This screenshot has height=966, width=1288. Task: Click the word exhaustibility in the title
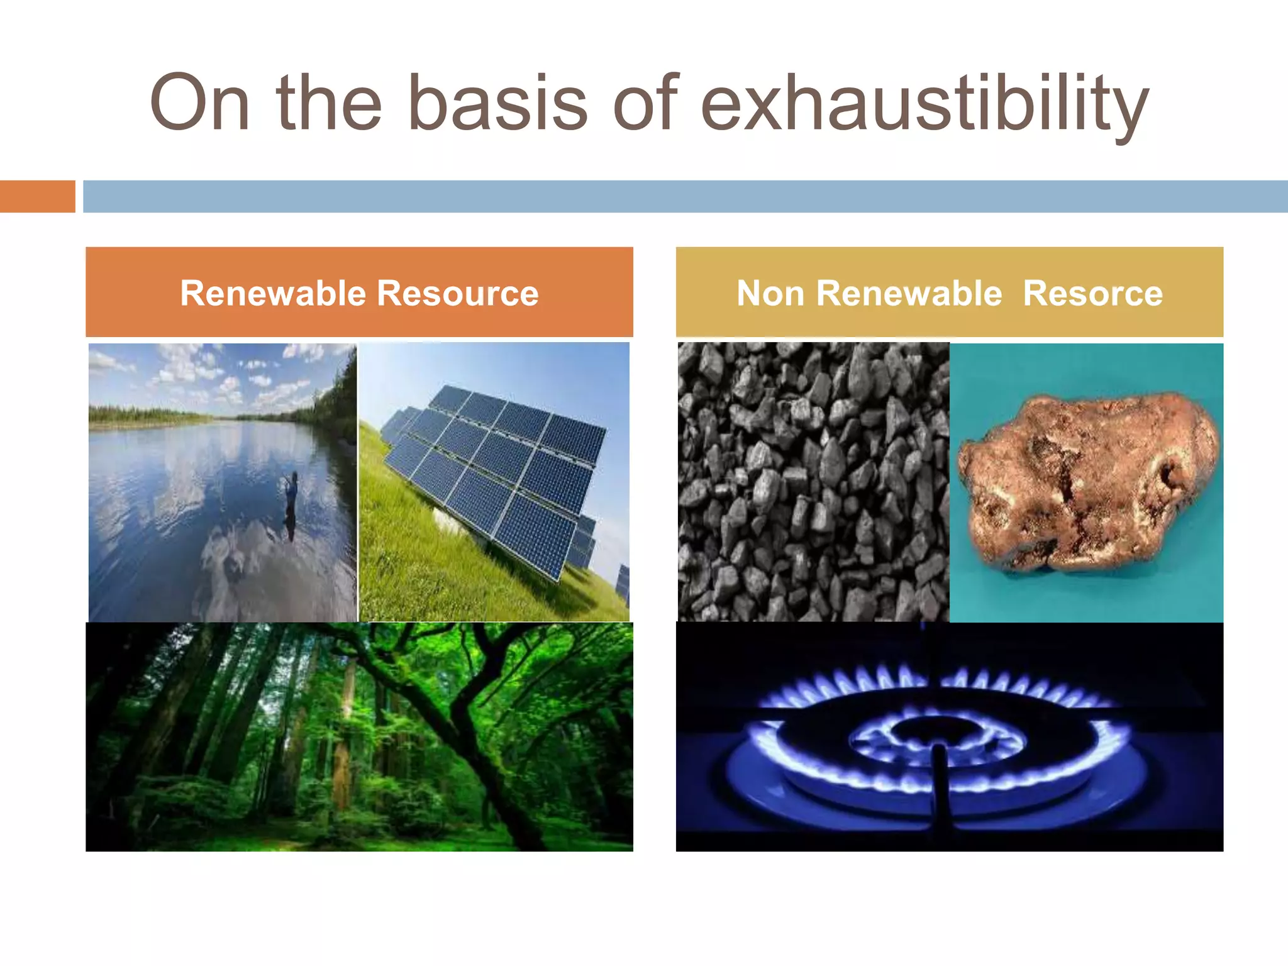[x=924, y=104]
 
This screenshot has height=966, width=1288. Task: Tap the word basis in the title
[x=497, y=104]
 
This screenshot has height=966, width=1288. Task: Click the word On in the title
[x=200, y=104]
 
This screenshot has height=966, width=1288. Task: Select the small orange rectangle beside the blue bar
[x=37, y=196]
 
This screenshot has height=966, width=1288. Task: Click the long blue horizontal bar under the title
[x=686, y=196]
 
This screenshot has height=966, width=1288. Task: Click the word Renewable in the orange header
[x=273, y=293]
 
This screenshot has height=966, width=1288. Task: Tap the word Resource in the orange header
[x=458, y=293]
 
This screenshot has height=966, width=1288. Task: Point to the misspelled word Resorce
[x=1093, y=293]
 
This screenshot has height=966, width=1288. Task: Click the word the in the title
[x=329, y=104]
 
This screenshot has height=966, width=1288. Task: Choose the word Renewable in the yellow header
[x=909, y=293]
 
